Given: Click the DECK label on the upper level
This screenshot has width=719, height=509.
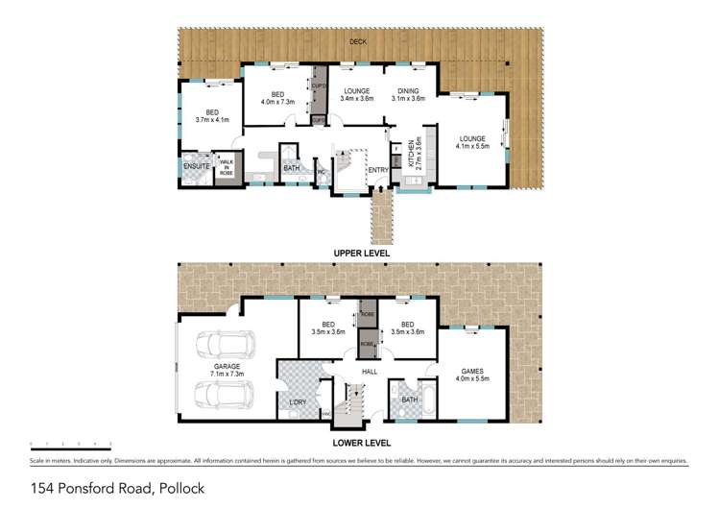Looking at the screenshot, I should (358, 42).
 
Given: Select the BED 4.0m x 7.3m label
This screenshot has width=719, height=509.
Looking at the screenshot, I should (276, 95).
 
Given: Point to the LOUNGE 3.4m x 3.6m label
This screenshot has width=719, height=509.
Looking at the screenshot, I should (356, 95).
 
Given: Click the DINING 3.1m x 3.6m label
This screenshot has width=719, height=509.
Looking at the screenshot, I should (409, 95).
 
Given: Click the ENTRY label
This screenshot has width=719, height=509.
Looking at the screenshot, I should (378, 170).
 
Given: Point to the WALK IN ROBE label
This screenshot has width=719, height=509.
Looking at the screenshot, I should (227, 165).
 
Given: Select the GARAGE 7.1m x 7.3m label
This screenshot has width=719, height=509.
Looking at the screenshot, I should (222, 370).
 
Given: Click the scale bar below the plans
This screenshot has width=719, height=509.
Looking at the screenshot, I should (71, 444).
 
